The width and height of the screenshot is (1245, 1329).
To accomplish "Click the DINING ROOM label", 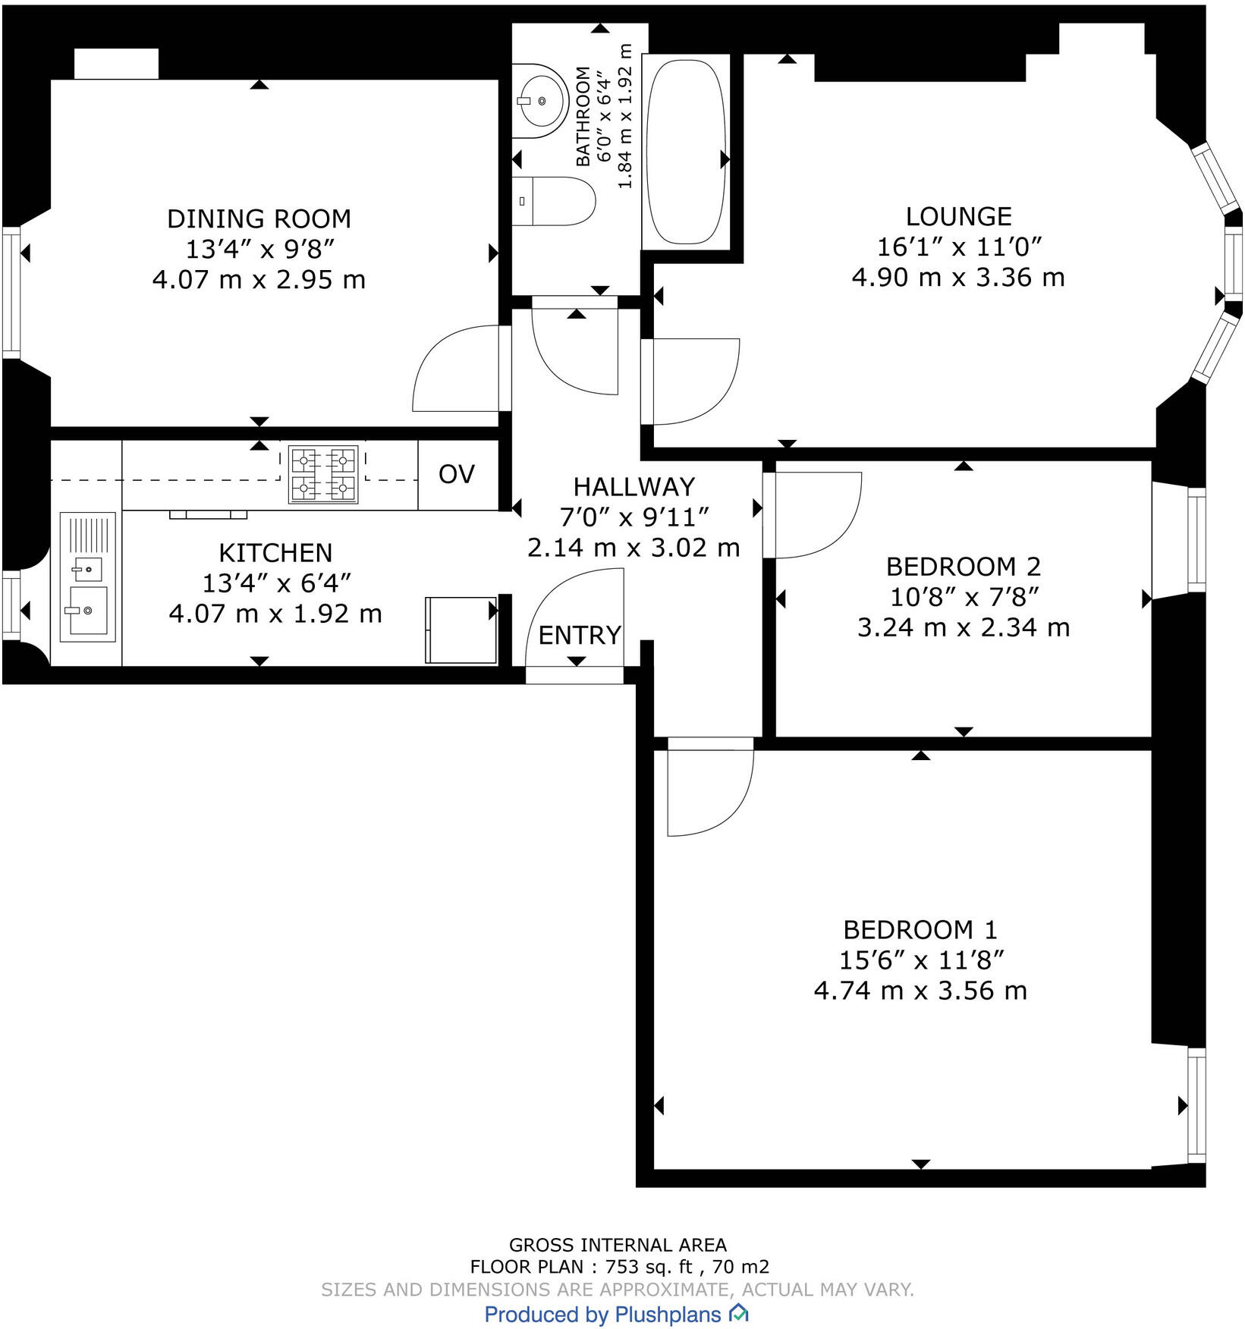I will click(259, 219).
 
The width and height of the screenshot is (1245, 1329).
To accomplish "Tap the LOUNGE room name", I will click(958, 217).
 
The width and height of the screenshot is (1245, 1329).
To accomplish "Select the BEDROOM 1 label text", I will click(920, 930).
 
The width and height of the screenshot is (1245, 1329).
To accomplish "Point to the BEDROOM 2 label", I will click(963, 567).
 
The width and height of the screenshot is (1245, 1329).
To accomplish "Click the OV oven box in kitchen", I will click(457, 475).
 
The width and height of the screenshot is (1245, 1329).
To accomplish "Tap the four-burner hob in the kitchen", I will click(323, 475).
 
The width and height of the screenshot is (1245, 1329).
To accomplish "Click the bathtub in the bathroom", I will click(686, 152).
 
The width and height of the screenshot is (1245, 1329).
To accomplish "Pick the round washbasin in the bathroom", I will click(540, 100).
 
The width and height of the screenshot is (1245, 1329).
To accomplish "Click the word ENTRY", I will click(580, 635).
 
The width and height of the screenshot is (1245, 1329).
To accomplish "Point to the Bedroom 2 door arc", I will click(816, 516).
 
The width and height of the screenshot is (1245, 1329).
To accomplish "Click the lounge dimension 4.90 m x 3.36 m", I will click(958, 278).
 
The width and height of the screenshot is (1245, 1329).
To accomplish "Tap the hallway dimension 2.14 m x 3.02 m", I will click(634, 548).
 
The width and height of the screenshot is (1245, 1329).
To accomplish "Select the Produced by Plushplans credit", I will click(616, 1314).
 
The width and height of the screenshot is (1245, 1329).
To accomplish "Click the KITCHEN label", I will click(275, 553).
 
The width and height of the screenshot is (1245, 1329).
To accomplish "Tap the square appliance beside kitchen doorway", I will click(461, 630).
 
